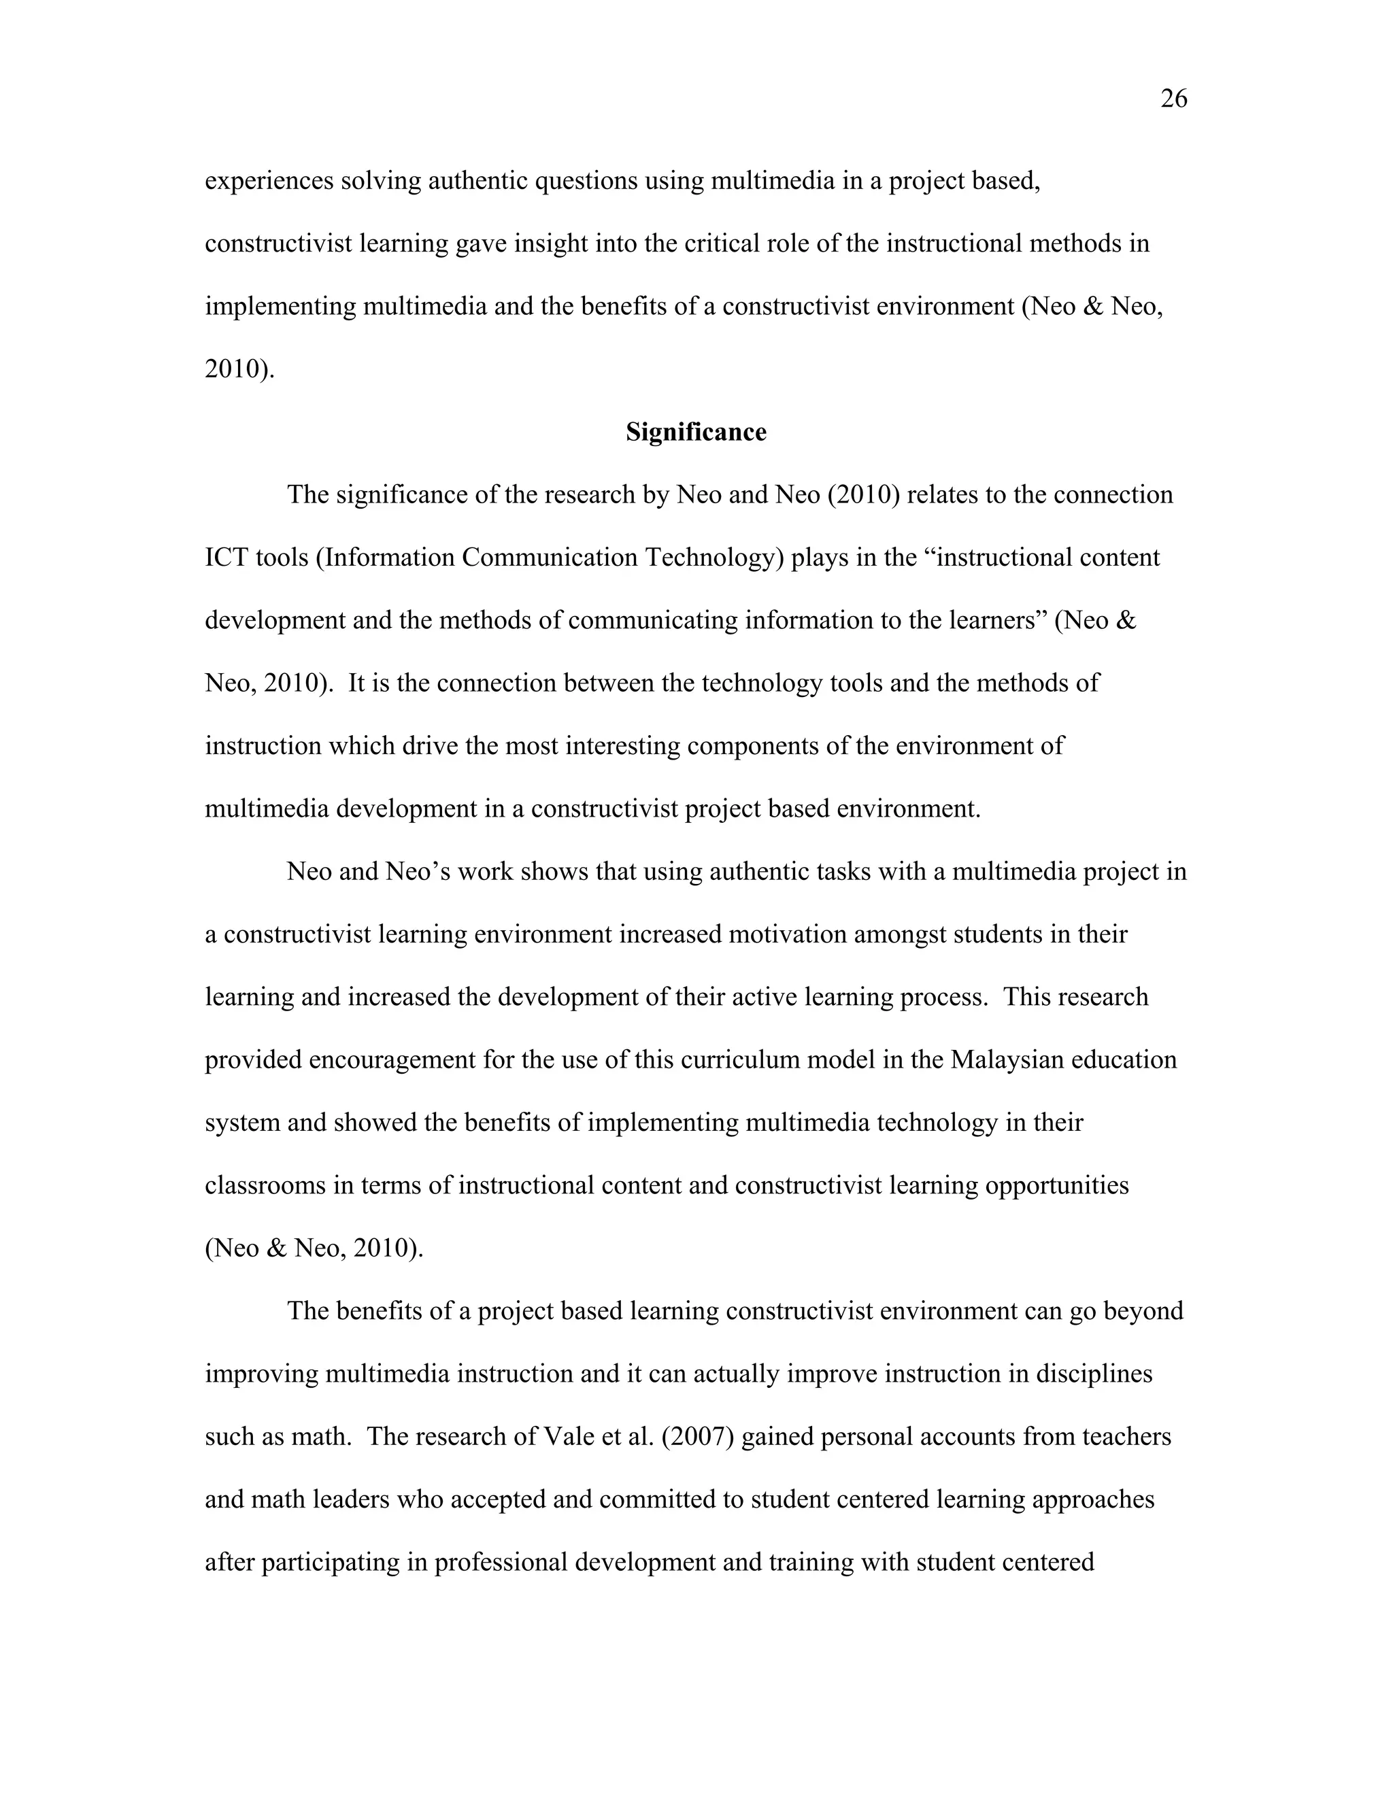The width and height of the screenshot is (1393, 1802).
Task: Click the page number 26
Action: (1173, 99)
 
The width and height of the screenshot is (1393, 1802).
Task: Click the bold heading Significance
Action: (696, 432)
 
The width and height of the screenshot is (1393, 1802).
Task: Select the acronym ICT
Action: (226, 558)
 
